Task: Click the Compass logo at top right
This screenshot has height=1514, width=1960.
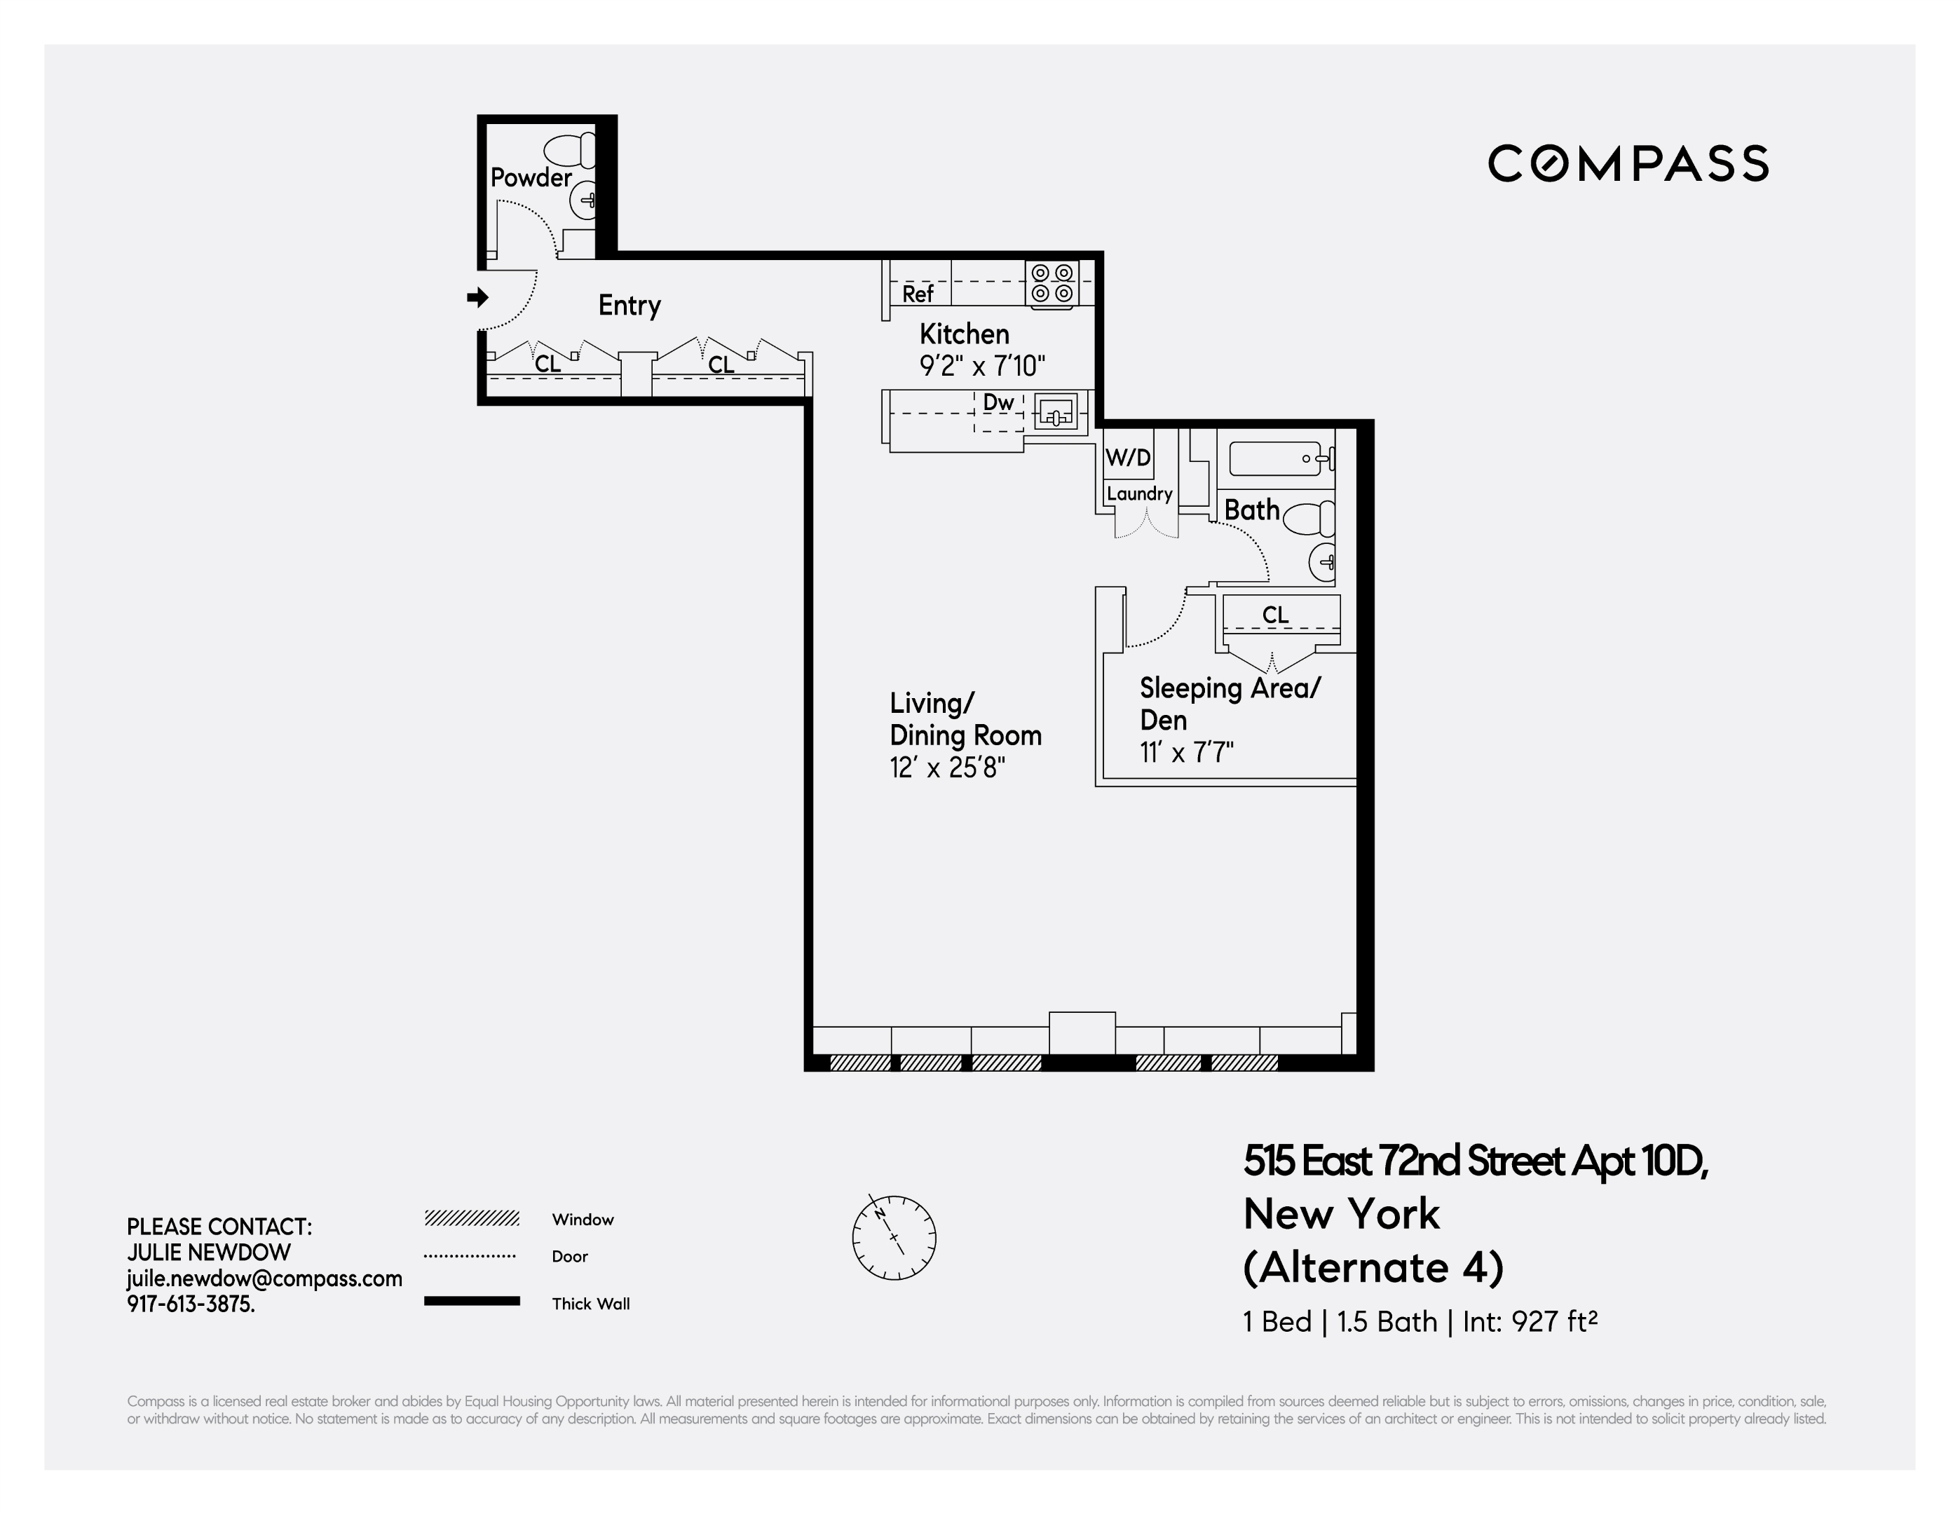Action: [1627, 163]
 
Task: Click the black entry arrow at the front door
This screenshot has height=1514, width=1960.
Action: [477, 297]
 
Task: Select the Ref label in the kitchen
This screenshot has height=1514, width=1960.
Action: [917, 294]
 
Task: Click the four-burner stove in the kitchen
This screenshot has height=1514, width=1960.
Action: [1052, 284]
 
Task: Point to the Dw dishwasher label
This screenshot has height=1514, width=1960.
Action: [998, 403]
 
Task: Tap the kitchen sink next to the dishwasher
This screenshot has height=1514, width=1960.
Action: [1056, 414]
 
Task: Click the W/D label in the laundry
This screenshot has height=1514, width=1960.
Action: [1127, 458]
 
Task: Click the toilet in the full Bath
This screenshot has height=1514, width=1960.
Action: [1309, 519]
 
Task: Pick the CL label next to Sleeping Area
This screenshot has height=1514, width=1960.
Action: [1274, 615]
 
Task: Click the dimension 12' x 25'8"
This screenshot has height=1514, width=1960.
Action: [947, 768]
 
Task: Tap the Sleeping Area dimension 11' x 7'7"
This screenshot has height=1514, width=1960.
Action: [1186, 752]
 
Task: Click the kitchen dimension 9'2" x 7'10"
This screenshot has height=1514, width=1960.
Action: [982, 366]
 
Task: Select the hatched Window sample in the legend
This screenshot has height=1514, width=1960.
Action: [472, 1219]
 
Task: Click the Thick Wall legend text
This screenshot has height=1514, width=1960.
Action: [590, 1304]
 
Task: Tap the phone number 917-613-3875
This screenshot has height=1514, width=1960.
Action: [190, 1304]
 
